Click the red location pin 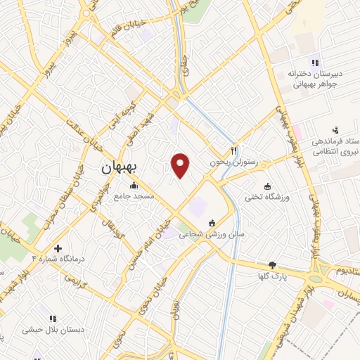(181, 165)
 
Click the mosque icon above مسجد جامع (134, 186)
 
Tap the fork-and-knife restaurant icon (234, 150)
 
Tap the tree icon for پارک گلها (272, 266)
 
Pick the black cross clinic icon (58, 248)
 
